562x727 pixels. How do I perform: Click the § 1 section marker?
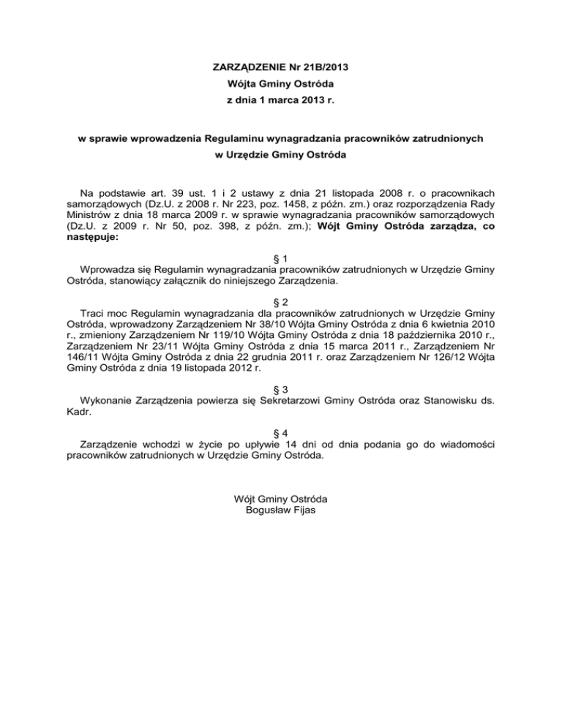point(281,258)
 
